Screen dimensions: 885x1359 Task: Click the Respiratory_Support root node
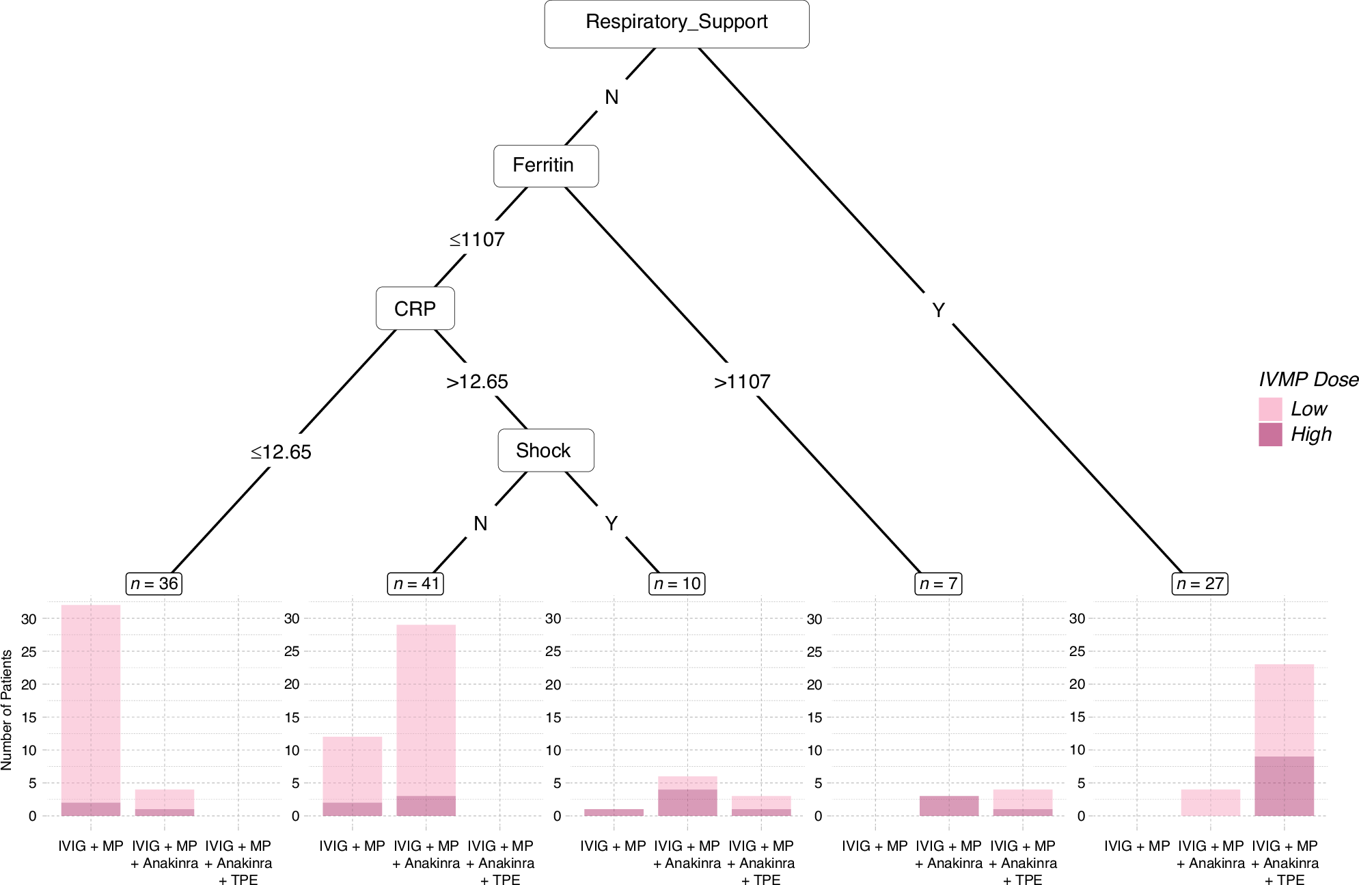pyautogui.click(x=676, y=23)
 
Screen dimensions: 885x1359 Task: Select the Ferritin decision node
pyautogui.click(x=545, y=165)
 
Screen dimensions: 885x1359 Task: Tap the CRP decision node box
pyautogui.click(x=415, y=309)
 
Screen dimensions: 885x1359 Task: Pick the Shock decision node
pyautogui.click(x=545, y=450)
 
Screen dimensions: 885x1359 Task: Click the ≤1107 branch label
pyautogui.click(x=477, y=240)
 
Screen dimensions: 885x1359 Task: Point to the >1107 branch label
pyautogui.click(x=742, y=382)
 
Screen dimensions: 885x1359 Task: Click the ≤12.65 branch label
pyautogui.click(x=281, y=452)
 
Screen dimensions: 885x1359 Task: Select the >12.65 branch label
pyautogui.click(x=477, y=382)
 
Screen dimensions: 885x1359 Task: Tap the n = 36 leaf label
pyautogui.click(x=154, y=584)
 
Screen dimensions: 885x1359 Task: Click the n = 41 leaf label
pyautogui.click(x=415, y=584)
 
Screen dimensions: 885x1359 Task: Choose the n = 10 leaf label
pyautogui.click(x=676, y=584)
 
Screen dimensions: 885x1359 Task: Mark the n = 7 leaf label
pyautogui.click(x=938, y=584)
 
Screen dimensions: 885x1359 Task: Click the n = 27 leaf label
pyautogui.click(x=1200, y=584)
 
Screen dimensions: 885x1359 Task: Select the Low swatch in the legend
pyautogui.click(x=1270, y=409)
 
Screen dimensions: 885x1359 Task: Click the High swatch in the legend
pyautogui.click(x=1270, y=435)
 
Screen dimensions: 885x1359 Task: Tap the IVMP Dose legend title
pyautogui.click(x=1308, y=380)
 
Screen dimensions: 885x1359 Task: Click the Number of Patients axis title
pyautogui.click(x=8, y=709)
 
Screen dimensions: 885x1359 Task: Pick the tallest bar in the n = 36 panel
pyautogui.click(x=91, y=704)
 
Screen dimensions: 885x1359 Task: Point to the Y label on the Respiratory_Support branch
pyautogui.click(x=938, y=311)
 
